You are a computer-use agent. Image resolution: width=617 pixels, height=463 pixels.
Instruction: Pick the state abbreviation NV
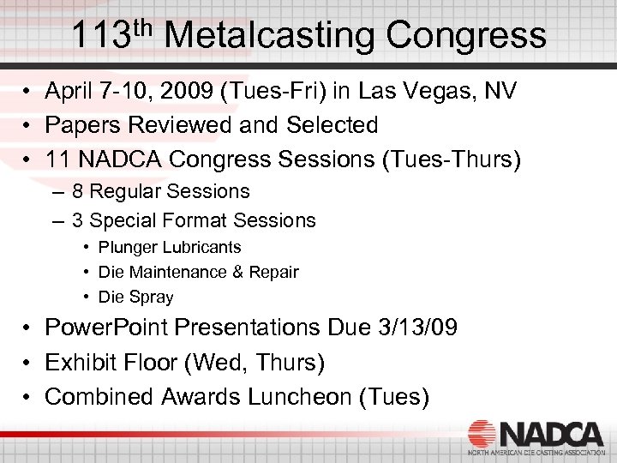tap(500, 92)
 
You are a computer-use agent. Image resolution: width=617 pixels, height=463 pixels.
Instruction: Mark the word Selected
tap(332, 125)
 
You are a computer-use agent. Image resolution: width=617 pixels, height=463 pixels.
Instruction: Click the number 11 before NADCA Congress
tap(57, 159)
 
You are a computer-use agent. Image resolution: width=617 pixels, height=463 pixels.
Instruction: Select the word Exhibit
tap(80, 363)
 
